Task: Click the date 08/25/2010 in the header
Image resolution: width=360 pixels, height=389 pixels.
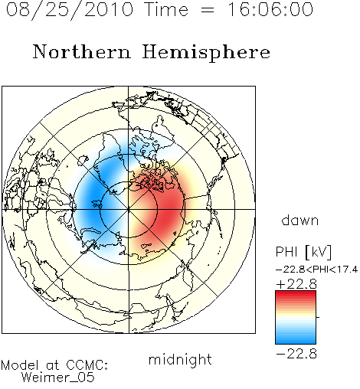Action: click(x=70, y=10)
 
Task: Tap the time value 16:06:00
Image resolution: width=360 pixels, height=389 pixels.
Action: click(x=270, y=9)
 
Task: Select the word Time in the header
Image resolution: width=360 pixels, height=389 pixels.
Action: click(x=166, y=9)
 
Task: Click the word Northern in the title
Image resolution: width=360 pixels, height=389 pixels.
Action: click(x=82, y=52)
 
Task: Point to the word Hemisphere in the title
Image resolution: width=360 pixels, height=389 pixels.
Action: click(x=206, y=53)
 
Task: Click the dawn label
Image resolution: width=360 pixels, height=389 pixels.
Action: click(x=300, y=220)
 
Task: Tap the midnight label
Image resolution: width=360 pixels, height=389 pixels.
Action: click(x=180, y=359)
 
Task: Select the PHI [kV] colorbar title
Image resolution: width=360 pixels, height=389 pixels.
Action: click(x=303, y=252)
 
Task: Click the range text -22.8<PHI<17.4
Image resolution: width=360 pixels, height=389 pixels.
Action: click(x=316, y=270)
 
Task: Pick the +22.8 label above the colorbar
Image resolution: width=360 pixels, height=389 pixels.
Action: click(x=296, y=284)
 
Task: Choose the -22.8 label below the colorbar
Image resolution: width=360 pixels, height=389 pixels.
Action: click(x=296, y=354)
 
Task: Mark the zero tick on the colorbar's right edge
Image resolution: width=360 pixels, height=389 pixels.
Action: click(x=318, y=317)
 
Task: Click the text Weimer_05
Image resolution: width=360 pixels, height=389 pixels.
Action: click(x=58, y=378)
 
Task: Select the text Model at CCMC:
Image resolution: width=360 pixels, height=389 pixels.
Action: click(x=54, y=365)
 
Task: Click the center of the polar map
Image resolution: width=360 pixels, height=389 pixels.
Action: click(x=129, y=210)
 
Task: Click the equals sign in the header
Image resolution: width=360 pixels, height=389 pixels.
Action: click(x=207, y=11)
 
